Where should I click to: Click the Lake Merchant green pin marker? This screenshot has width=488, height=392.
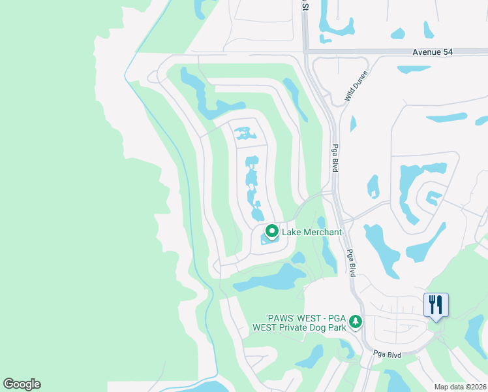tap(271, 231)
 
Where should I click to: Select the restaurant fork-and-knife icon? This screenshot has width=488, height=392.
tap(436, 305)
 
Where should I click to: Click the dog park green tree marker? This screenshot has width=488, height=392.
tap(356, 321)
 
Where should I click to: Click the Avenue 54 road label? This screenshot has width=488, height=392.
tap(432, 51)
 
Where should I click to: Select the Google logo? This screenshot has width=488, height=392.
tap(22, 384)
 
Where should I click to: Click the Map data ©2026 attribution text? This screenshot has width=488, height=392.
tap(460, 386)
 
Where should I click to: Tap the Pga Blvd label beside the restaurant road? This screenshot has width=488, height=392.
tap(386, 353)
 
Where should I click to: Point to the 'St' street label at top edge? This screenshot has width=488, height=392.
tap(304, 5)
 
